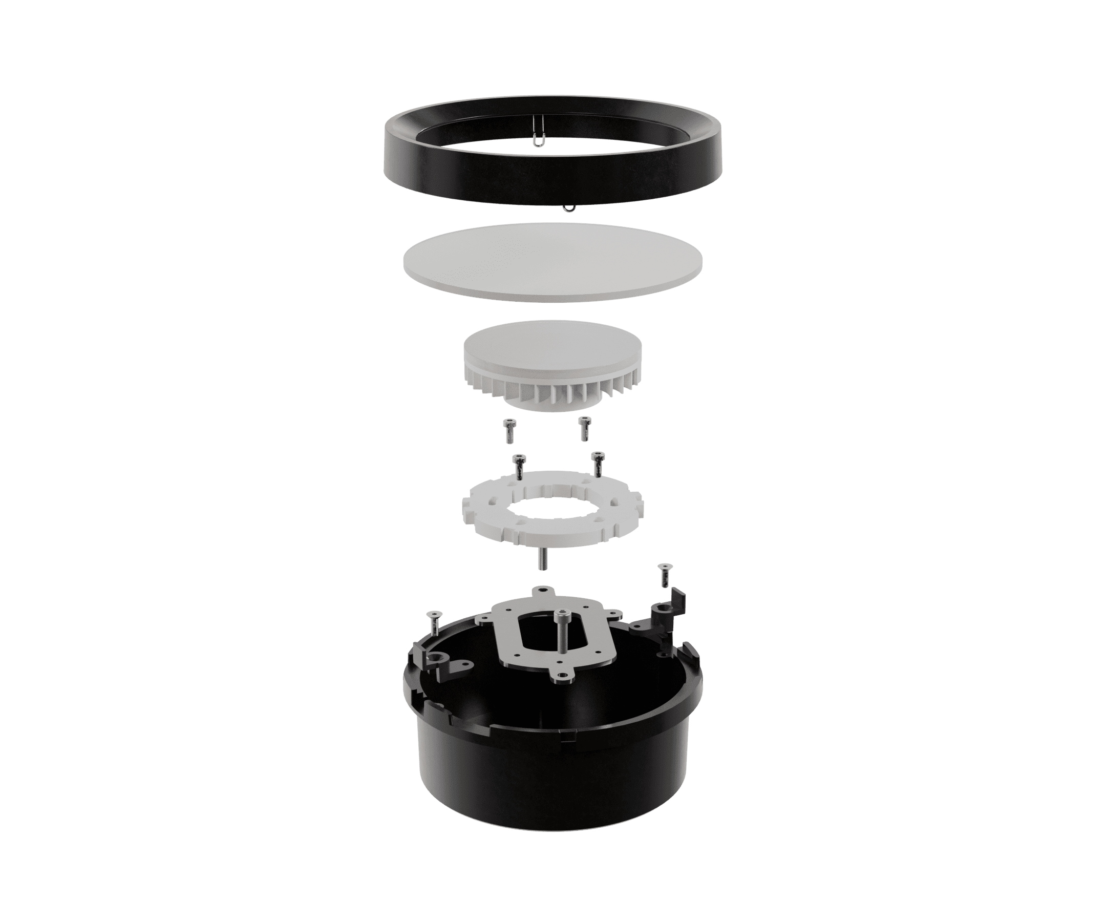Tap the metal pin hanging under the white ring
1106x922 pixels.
541,558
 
